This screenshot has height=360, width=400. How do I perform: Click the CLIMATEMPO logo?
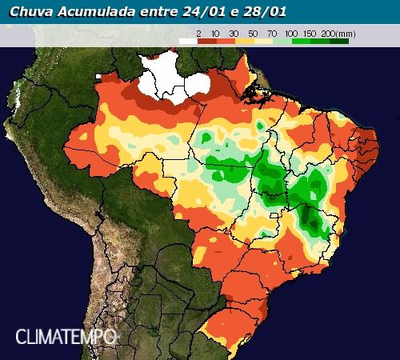(66, 336)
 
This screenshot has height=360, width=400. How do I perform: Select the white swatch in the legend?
(187, 40)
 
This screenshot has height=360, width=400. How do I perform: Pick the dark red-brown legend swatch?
(206, 40)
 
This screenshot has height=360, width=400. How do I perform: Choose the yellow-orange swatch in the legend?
(244, 40)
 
